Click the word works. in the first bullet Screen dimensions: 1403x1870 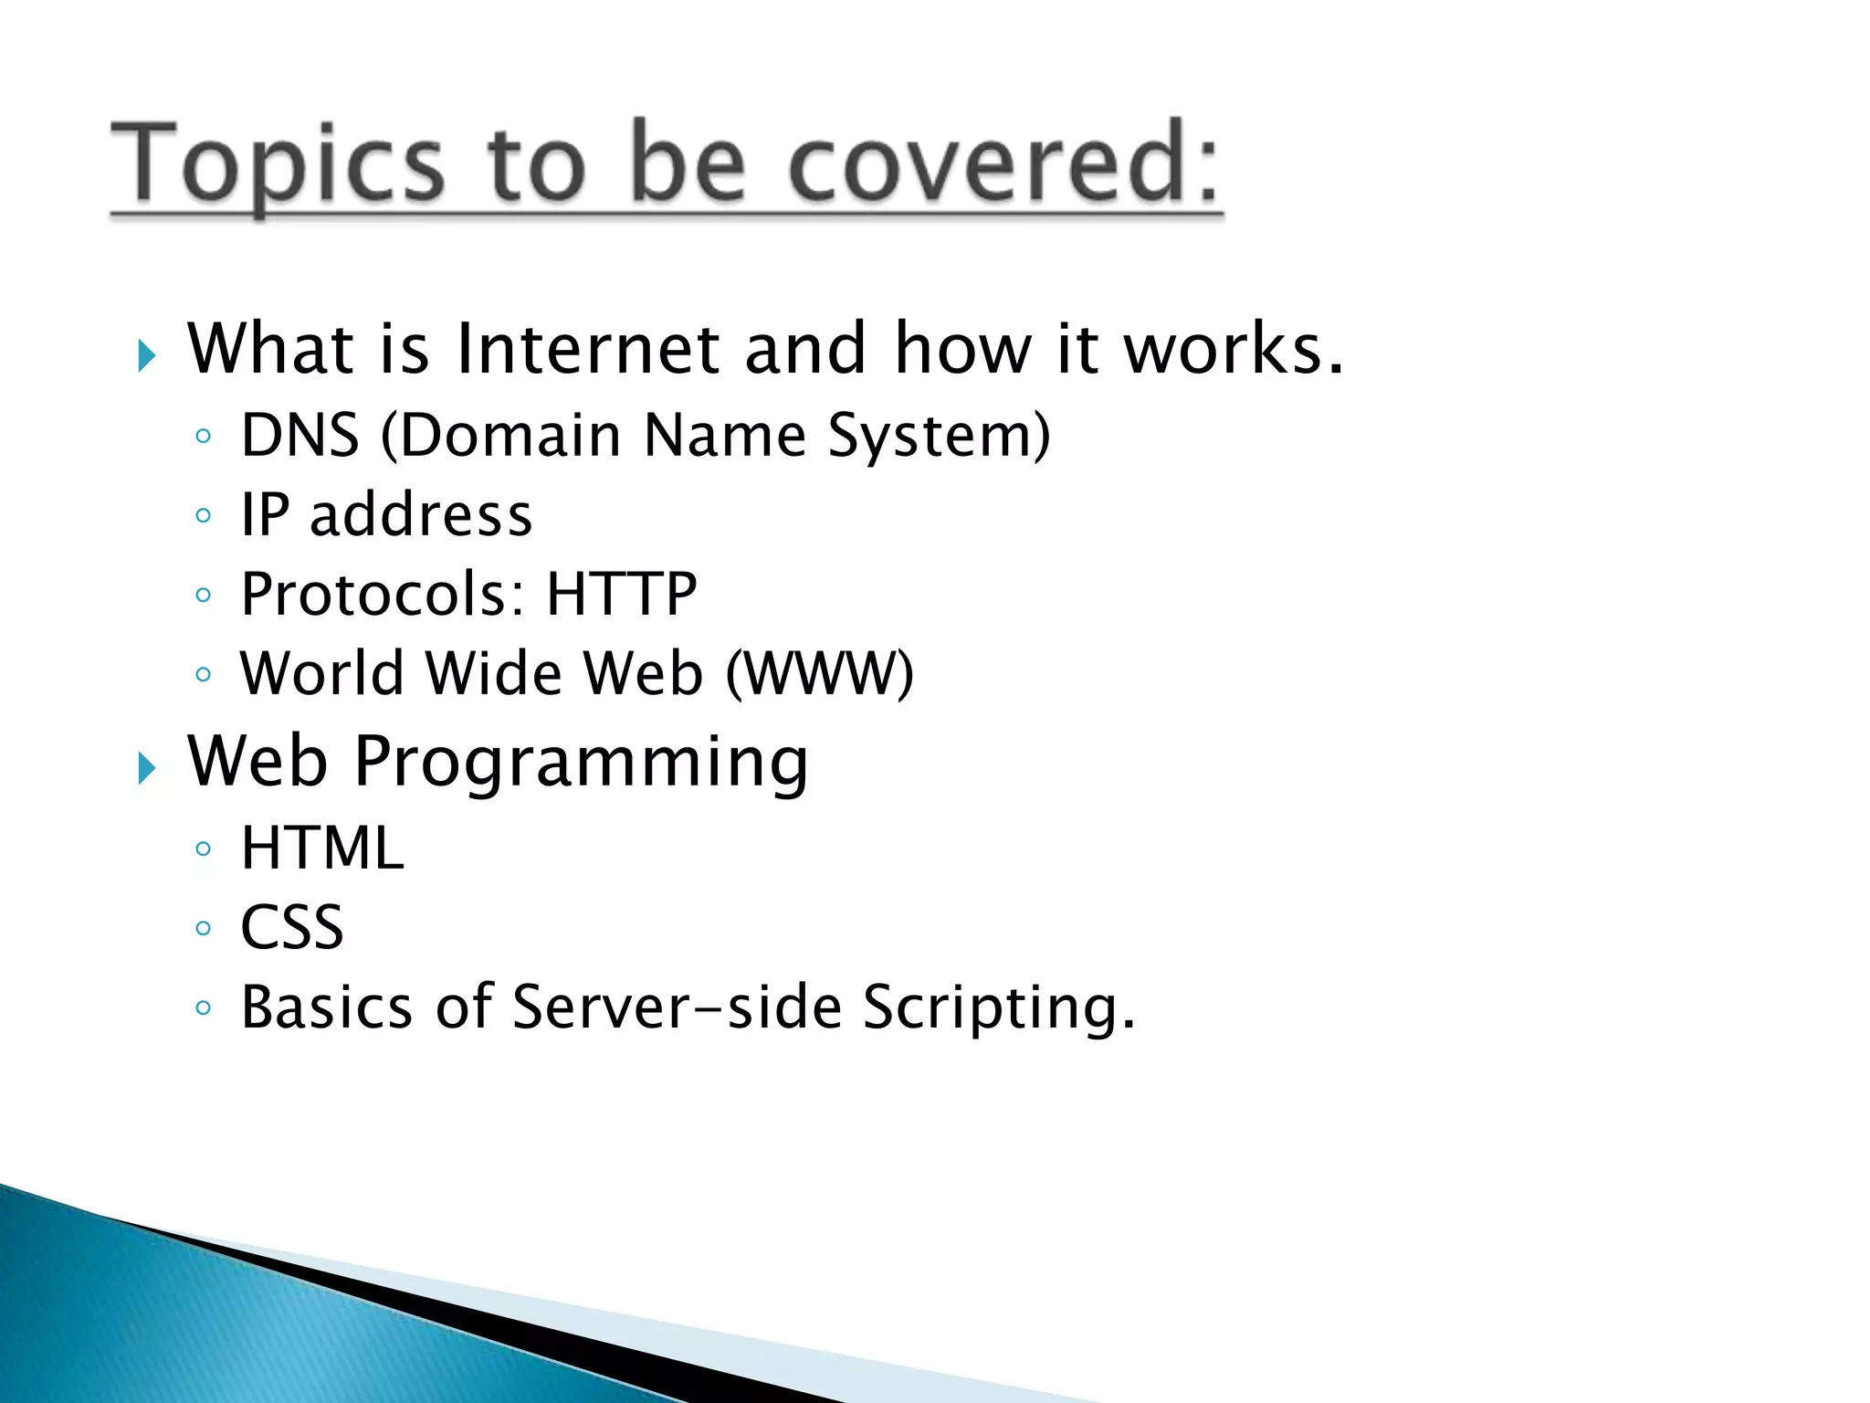[1233, 349]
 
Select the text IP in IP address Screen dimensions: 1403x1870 [265, 514]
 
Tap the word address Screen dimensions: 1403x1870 [421, 514]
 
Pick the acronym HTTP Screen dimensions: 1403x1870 [622, 595]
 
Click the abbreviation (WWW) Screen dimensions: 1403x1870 [819, 674]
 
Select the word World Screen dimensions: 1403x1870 [322, 674]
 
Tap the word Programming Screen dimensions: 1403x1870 [581, 763]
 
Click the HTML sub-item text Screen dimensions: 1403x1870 [321, 849]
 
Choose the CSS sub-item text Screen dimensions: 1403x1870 [292, 928]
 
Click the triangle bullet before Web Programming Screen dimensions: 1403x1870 [146, 768]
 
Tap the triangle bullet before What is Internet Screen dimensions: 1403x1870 [146, 355]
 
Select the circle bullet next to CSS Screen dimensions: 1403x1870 [204, 929]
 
